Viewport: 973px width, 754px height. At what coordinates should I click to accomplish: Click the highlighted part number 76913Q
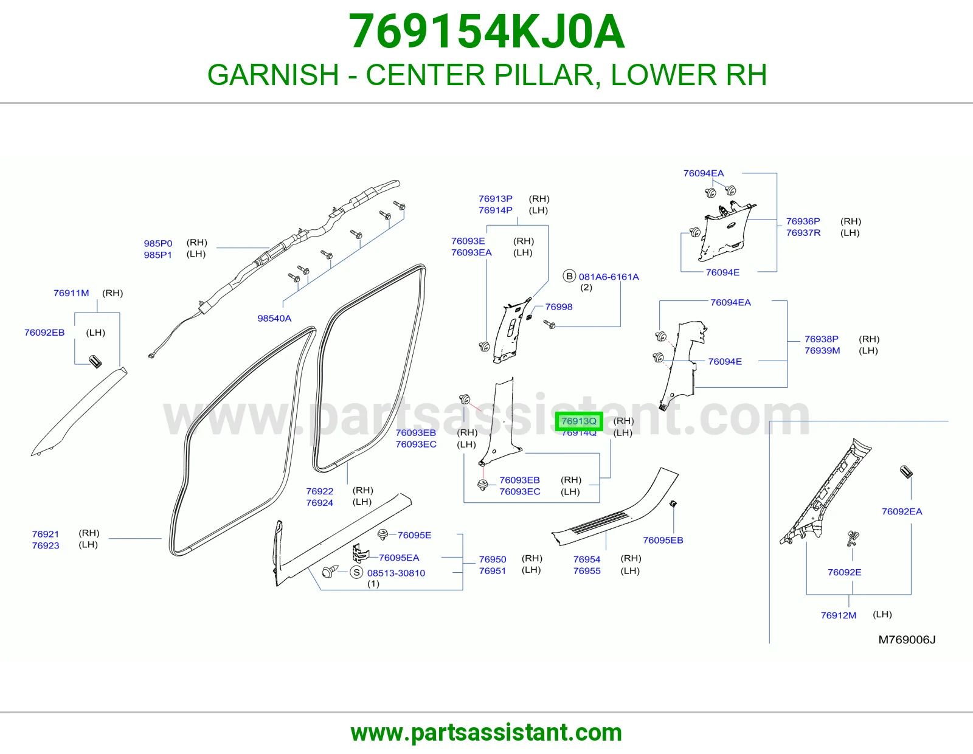tap(578, 421)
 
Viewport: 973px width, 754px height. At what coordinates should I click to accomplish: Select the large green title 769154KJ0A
tap(486, 32)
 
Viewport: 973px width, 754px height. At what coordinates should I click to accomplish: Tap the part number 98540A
tap(274, 319)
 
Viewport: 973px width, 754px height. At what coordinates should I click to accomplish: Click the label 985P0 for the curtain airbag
tap(158, 244)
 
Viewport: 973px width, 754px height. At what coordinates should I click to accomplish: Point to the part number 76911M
tap(71, 293)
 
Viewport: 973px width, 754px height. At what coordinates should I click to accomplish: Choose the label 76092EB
tap(44, 333)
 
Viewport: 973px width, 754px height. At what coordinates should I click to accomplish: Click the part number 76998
tap(558, 307)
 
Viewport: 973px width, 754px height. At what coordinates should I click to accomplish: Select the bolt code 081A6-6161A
tap(609, 277)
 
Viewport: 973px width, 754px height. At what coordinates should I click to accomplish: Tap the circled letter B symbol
tap(569, 276)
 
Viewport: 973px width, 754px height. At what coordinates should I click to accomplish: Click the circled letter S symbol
tap(356, 572)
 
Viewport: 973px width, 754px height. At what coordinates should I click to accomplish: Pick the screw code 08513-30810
tap(396, 573)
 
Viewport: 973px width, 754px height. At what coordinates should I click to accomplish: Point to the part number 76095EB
tap(663, 541)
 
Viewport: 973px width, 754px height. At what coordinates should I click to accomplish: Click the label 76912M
tap(838, 615)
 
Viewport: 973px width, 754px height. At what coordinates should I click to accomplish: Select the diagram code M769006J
tap(907, 640)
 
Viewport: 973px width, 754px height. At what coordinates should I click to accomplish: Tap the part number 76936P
tap(803, 221)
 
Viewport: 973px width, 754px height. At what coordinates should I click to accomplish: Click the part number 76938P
tap(821, 339)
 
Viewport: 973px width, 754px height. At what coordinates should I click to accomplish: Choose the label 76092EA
tap(902, 512)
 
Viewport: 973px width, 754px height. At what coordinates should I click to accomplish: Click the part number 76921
tap(45, 534)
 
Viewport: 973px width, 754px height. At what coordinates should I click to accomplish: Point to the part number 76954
tap(587, 559)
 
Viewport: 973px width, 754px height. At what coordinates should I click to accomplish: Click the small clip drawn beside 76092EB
tap(95, 362)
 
